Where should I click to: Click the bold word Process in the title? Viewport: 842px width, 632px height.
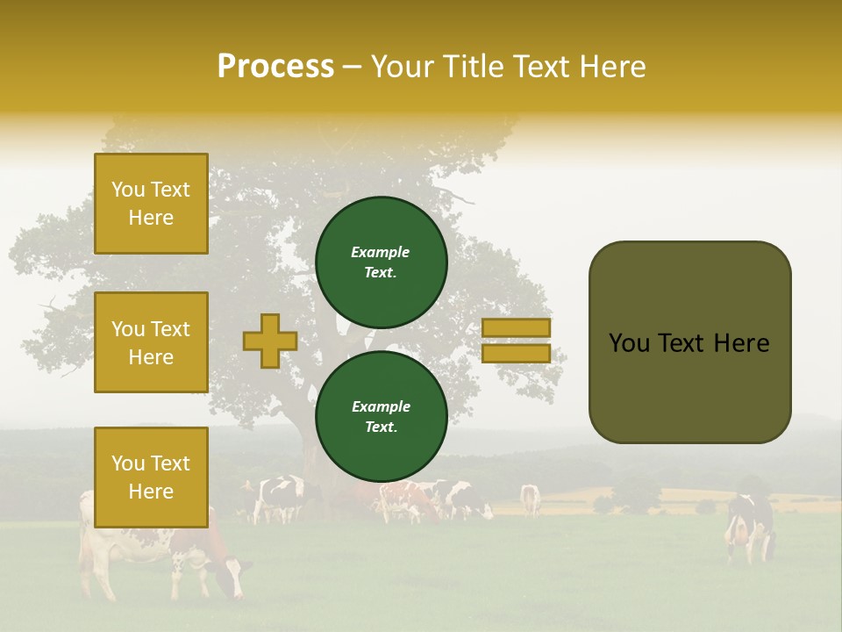pyautogui.click(x=275, y=67)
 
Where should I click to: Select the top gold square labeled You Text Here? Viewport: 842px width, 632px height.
pyautogui.click(x=151, y=204)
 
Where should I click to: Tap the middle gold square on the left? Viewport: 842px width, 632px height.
pyautogui.click(x=151, y=342)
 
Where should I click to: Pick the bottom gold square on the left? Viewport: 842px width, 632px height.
pyautogui.click(x=151, y=477)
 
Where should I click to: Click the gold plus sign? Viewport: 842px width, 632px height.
pyautogui.click(x=270, y=341)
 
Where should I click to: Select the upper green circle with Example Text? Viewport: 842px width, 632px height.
pyautogui.click(x=381, y=262)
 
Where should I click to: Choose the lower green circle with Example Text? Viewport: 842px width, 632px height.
pyautogui.click(x=381, y=416)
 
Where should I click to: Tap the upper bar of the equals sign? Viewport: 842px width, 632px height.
pyautogui.click(x=516, y=327)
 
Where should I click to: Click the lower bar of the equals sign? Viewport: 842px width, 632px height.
pyautogui.click(x=516, y=353)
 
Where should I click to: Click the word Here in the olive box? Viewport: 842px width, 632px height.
pyautogui.click(x=741, y=343)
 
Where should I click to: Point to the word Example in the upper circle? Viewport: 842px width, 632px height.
pyautogui.click(x=381, y=252)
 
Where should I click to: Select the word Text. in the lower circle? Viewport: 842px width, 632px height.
pyautogui.click(x=381, y=427)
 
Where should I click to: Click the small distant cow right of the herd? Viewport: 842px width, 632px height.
pyautogui.click(x=530, y=499)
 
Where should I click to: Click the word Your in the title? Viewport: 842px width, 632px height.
pyautogui.click(x=403, y=67)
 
